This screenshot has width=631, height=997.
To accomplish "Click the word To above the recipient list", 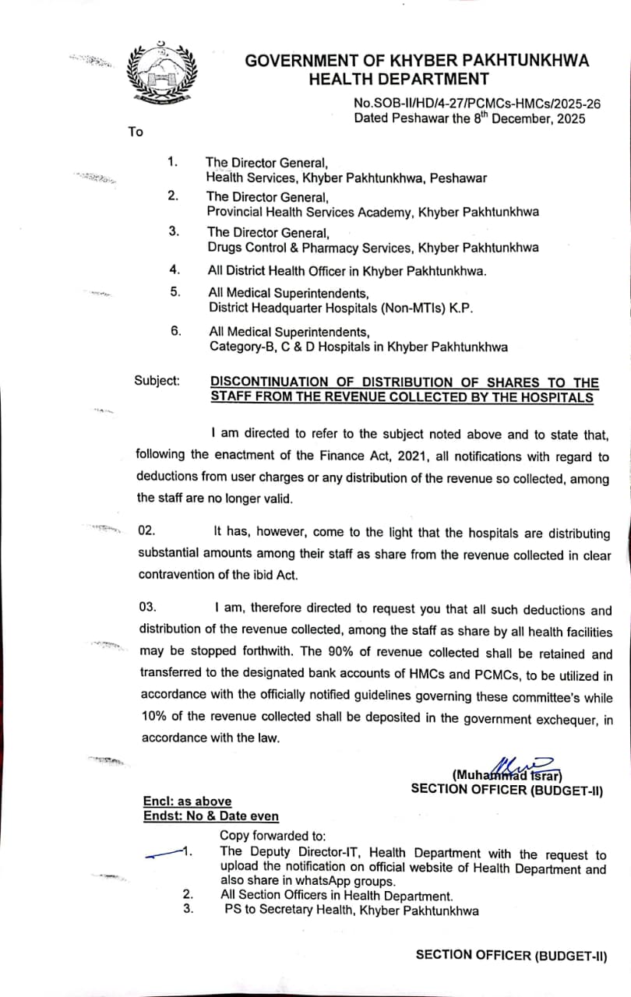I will click(x=136, y=132).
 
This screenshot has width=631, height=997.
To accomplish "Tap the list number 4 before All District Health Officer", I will click(x=174, y=270).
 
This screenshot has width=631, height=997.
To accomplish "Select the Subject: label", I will click(x=157, y=381).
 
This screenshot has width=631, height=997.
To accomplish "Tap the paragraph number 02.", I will click(x=146, y=531).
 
